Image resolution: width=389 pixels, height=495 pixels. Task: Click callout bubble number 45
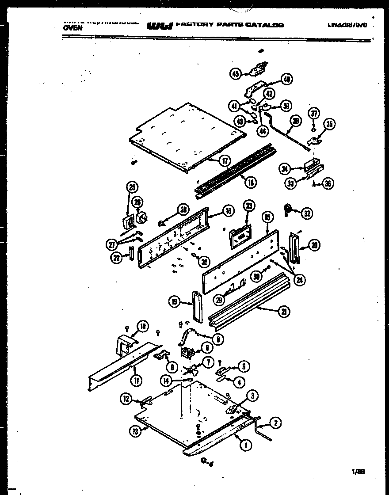click(236, 74)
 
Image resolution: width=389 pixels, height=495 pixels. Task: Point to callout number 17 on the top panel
click(225, 161)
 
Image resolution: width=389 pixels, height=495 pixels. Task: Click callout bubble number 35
click(329, 125)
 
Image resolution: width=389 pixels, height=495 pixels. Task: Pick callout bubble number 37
click(313, 114)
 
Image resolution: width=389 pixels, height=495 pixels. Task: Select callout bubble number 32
click(307, 213)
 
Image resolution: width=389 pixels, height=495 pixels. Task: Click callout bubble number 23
click(249, 206)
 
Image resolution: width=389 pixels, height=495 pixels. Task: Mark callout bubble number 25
click(131, 187)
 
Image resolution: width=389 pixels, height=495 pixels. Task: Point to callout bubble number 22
click(116, 258)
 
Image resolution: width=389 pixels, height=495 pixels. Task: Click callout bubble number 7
click(206, 363)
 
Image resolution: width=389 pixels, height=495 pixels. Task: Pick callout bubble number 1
click(244, 446)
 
